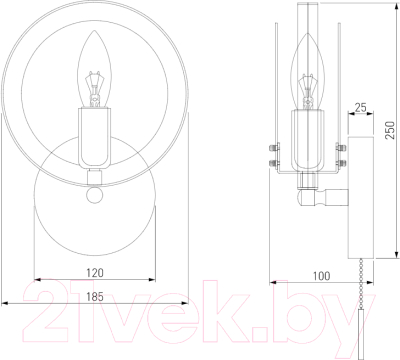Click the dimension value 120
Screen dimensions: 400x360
pyautogui.click(x=95, y=273)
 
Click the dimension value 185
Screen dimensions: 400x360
pyautogui.click(x=95, y=296)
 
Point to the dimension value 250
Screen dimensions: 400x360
pyautogui.click(x=390, y=130)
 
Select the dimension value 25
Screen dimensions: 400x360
pyautogui.click(x=360, y=108)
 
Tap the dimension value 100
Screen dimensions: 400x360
pyautogui.click(x=322, y=276)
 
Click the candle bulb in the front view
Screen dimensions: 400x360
pyautogui.click(x=94, y=69)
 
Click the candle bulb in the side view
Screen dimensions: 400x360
pyautogui.click(x=308, y=72)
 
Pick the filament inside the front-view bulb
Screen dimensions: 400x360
pyautogui.click(x=94, y=87)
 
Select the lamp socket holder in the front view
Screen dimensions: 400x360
pyautogui.click(x=94, y=138)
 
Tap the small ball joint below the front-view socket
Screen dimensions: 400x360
pyautogui.click(x=94, y=195)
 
